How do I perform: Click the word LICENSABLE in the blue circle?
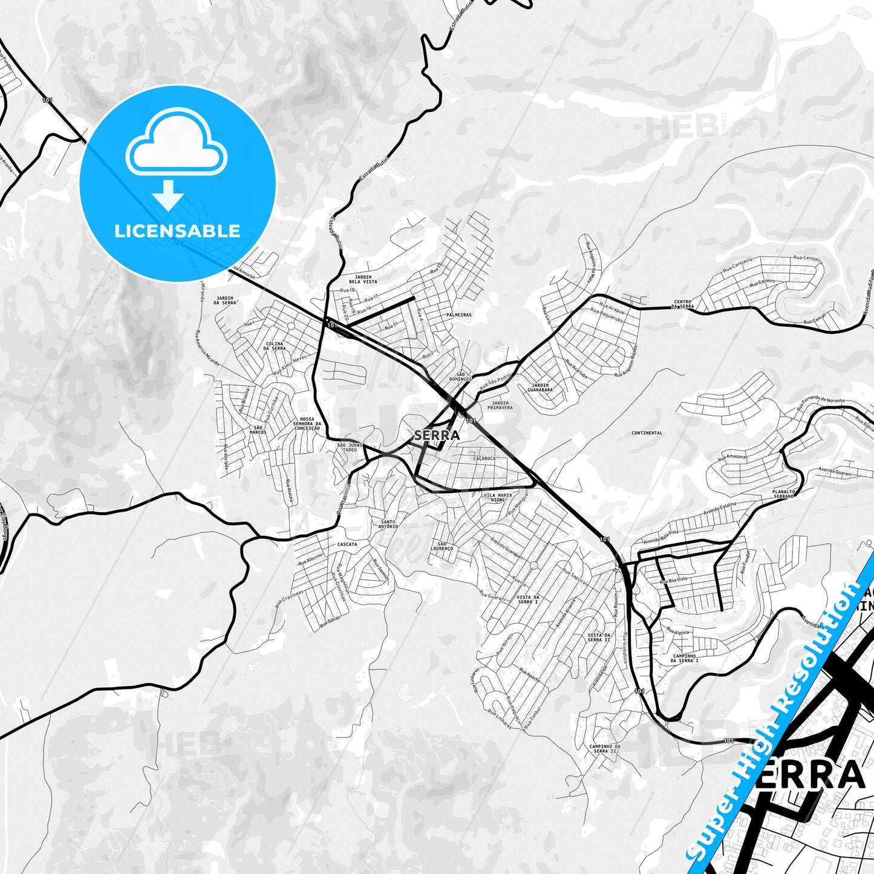[x=177, y=231]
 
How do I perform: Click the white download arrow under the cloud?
[x=169, y=195]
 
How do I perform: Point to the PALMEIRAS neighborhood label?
[x=458, y=315]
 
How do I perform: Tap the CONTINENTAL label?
[x=647, y=433]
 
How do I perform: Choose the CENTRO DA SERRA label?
[x=683, y=304]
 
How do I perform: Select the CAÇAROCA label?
[x=484, y=458]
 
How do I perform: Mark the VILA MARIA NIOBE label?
[x=497, y=497]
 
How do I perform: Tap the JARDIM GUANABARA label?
[x=540, y=388]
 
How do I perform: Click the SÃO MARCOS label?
[x=258, y=430]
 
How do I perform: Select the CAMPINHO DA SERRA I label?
[x=684, y=658]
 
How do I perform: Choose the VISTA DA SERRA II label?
[x=599, y=638]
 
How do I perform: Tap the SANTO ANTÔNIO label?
[x=388, y=524]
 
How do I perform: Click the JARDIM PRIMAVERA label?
[x=502, y=405]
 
